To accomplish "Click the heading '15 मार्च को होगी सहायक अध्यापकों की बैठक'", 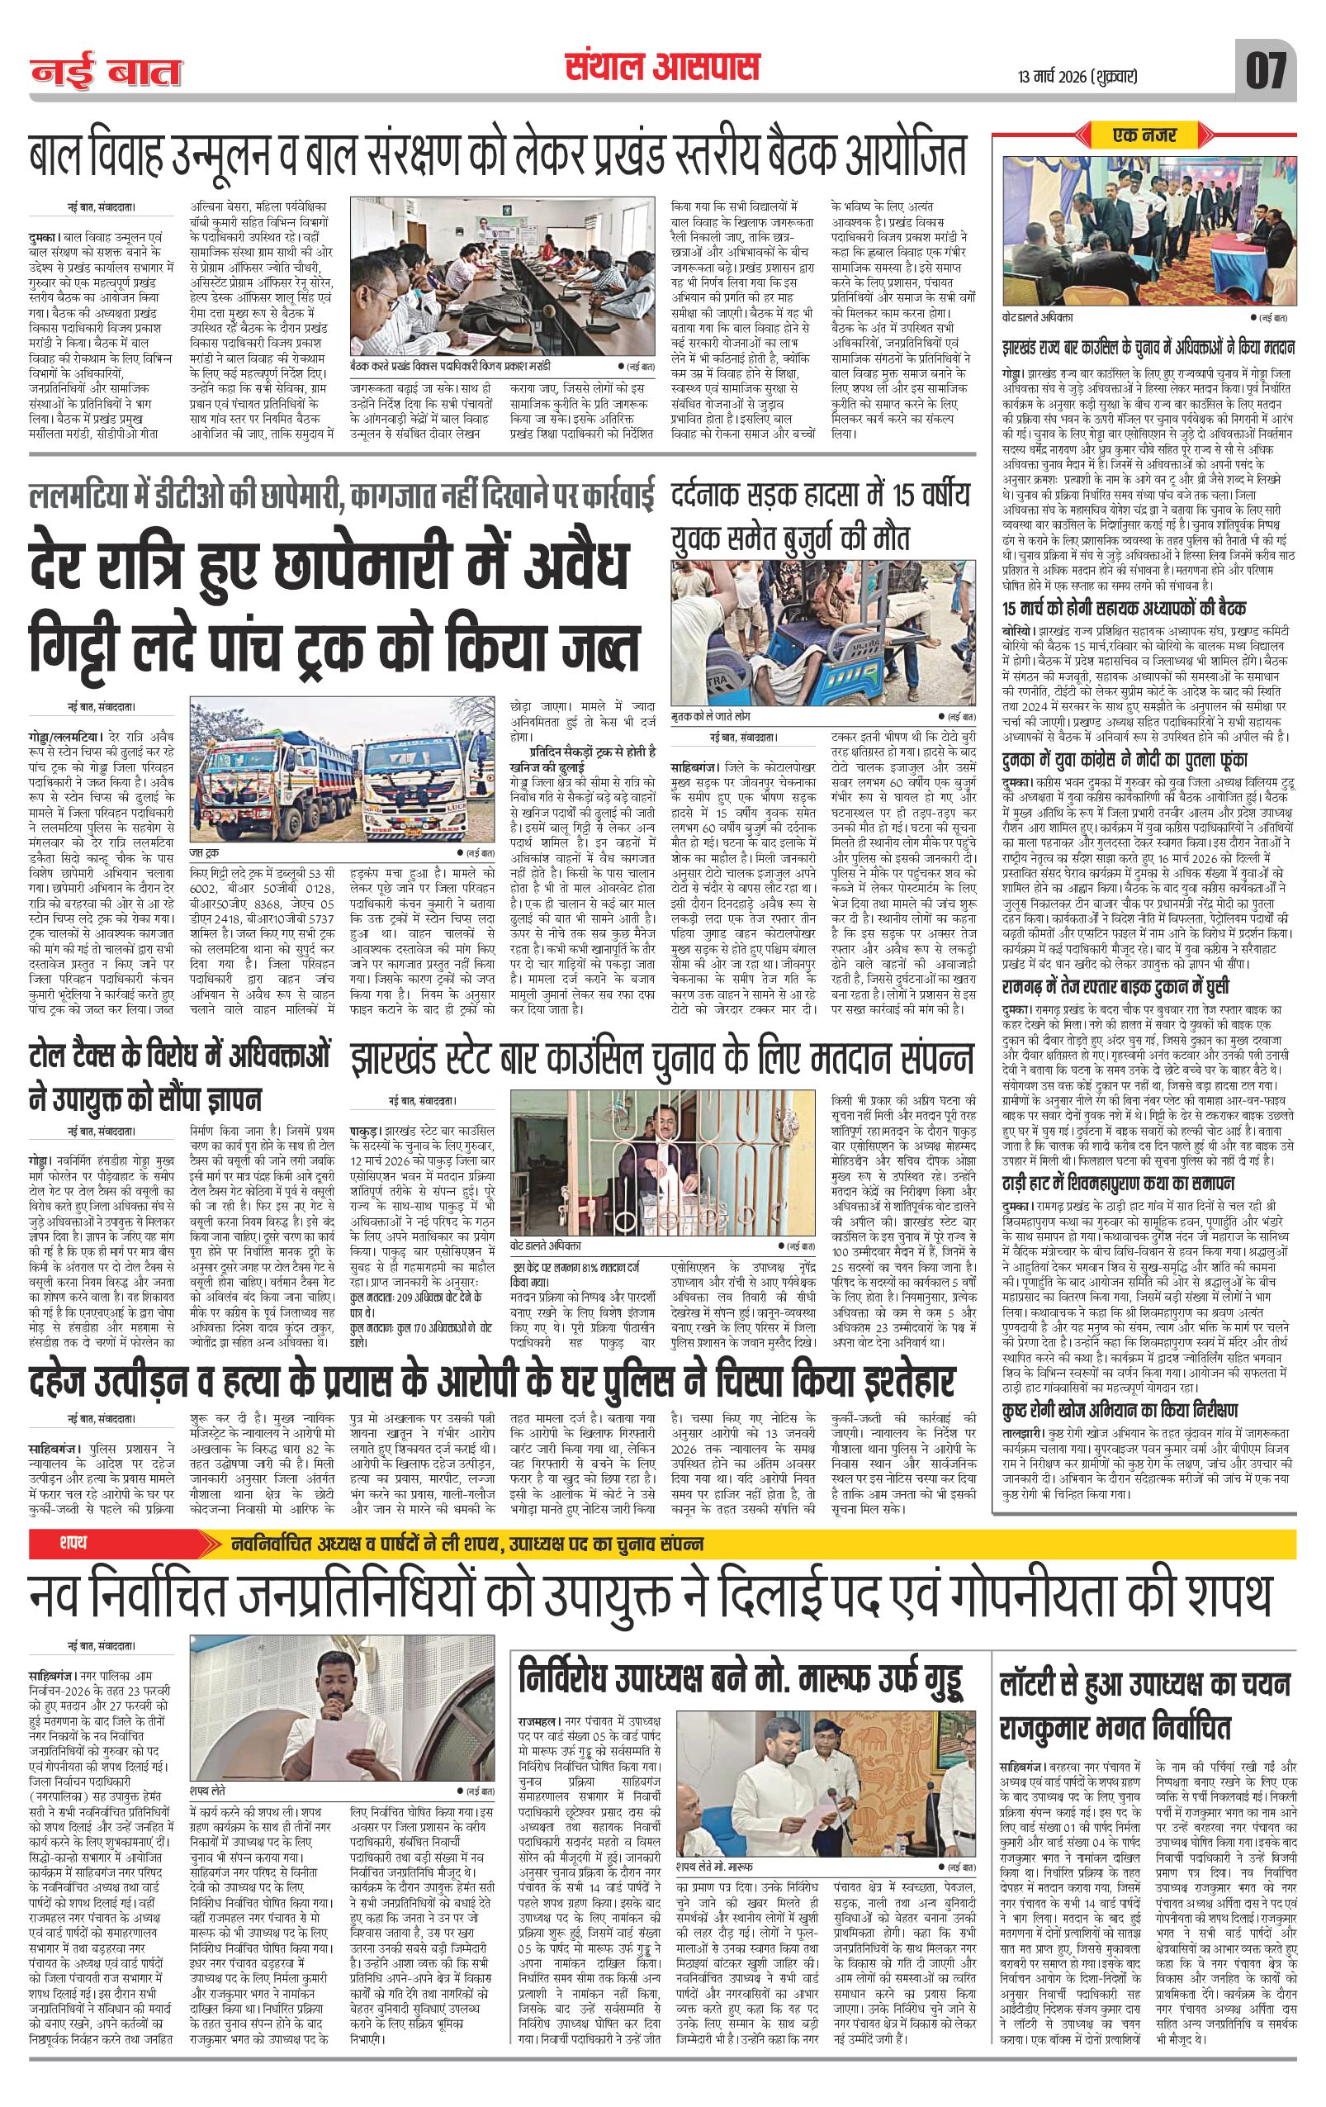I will [1124, 608].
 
